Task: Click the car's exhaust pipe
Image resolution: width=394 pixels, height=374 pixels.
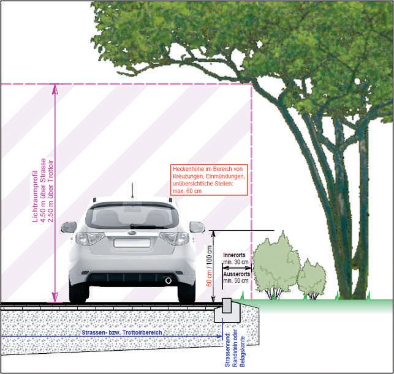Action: (168, 280)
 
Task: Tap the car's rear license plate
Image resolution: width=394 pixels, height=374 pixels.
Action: (131, 242)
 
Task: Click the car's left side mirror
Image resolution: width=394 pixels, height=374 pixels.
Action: (69, 226)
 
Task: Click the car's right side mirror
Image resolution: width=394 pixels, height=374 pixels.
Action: (197, 226)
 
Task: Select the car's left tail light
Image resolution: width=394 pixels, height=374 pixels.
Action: (89, 239)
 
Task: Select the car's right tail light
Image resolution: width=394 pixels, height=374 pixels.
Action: (175, 239)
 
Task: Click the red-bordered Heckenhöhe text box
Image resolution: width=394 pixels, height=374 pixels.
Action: (209, 179)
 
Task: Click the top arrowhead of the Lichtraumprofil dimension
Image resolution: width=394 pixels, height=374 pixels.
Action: (55, 87)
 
